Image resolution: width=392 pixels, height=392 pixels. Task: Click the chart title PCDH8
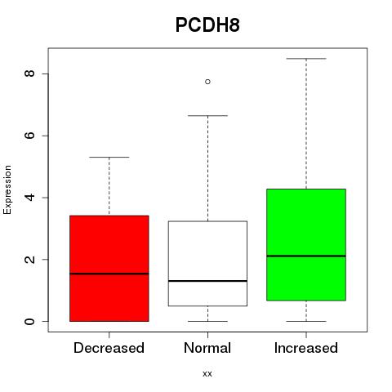coord(207,25)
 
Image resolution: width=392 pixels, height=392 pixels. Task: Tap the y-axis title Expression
coord(7,189)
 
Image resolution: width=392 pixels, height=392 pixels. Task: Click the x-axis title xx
coord(207,374)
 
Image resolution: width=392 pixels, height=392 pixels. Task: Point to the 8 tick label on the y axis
coord(29,73)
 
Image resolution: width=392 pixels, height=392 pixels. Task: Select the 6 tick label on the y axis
coord(29,136)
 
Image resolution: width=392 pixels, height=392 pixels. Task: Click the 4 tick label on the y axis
coord(29,198)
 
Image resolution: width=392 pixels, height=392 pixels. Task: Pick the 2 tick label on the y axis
coord(29,259)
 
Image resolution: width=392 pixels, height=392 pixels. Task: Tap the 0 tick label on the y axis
coord(29,321)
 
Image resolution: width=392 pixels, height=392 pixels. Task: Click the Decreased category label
coord(109,348)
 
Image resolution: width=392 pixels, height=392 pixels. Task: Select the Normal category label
coord(207,348)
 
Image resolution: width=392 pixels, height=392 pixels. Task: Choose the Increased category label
coord(306,348)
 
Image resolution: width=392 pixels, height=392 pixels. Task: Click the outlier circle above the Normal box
coord(207,82)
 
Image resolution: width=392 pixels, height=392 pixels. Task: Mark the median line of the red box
coord(109,274)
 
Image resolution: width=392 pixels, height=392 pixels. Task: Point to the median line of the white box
coord(207,281)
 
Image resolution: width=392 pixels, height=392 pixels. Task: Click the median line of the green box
coord(306,256)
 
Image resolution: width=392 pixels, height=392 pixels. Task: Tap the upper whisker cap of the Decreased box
coord(109,157)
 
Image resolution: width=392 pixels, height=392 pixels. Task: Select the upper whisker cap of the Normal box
coord(207,116)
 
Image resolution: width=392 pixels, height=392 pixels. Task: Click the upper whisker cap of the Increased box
coord(306,59)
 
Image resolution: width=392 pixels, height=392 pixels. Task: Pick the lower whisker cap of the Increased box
coord(306,321)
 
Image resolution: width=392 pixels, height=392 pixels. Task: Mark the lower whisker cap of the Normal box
coord(207,321)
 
